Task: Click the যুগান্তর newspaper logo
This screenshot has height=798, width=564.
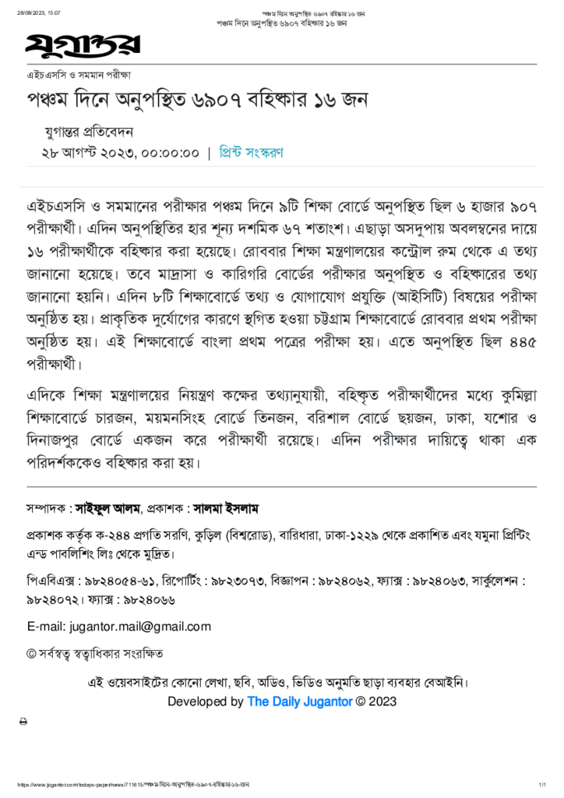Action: coord(83,45)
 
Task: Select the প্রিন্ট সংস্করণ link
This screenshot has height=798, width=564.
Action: coord(250,153)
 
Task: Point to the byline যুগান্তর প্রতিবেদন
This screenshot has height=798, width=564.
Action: coord(90,132)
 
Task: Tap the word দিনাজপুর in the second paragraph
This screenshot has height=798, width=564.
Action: coord(58,441)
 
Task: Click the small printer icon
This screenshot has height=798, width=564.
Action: coord(23,722)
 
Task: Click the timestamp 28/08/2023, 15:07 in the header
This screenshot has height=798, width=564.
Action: coord(40,13)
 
